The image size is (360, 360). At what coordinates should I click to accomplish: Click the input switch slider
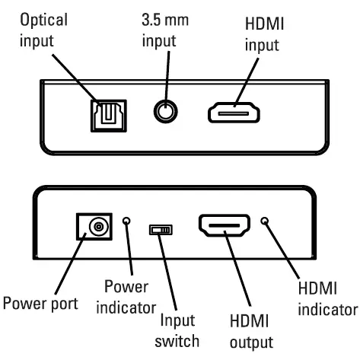[x=161, y=228]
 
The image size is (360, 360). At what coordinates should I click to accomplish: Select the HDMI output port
[x=225, y=226]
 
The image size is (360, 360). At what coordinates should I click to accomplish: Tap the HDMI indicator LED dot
[x=264, y=221]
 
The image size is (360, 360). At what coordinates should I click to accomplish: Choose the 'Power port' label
[x=40, y=304]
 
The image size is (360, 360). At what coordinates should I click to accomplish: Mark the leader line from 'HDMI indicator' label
[x=285, y=251]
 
